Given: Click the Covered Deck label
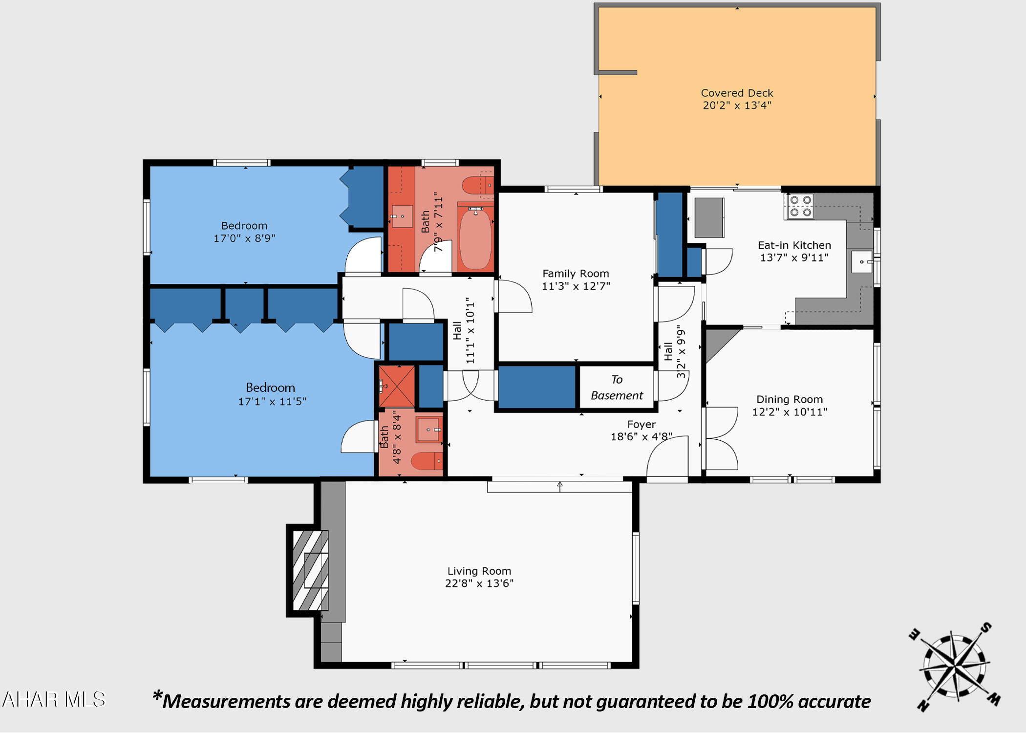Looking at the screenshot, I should coord(737,93).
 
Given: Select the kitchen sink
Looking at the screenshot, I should coord(861,262).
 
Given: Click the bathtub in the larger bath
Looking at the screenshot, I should coord(475,238).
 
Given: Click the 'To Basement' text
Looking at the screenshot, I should coord(617,388).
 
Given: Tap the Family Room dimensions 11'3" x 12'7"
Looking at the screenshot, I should coord(576,286).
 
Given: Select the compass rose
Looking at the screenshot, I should coord(954,667).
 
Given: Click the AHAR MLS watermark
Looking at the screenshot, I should coord(54,700).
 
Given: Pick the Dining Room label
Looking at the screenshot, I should coord(789,399).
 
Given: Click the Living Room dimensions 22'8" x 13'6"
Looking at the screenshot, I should coord(479,583).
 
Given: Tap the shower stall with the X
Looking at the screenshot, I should coord(397,387).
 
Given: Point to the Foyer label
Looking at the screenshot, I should coord(641,424).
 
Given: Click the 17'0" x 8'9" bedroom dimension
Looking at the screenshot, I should coord(244,238).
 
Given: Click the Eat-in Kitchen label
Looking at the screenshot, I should coord(794,245).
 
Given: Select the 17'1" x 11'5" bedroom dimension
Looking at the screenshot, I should coord(272,402).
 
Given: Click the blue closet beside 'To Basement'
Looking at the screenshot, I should coord(536,387).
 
